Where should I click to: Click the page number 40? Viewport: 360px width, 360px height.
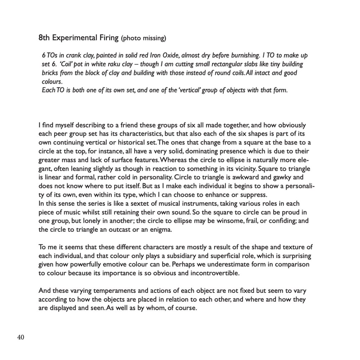tap(21, 337)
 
